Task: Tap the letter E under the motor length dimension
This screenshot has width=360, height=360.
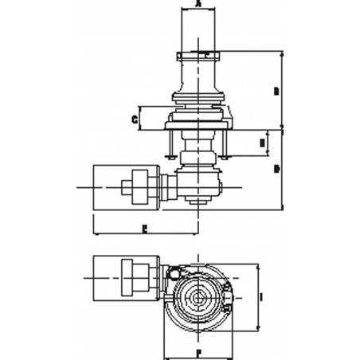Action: tap(143, 228)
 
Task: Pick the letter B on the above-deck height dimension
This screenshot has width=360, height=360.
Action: tap(276, 92)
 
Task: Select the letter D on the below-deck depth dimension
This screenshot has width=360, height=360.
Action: tap(276, 169)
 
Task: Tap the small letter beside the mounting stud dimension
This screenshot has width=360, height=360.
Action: tap(263, 143)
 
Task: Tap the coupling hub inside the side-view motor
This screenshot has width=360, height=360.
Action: tap(142, 188)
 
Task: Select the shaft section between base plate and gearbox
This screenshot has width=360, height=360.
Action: tap(198, 149)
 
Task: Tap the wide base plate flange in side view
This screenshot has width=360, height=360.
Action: tap(198, 123)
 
